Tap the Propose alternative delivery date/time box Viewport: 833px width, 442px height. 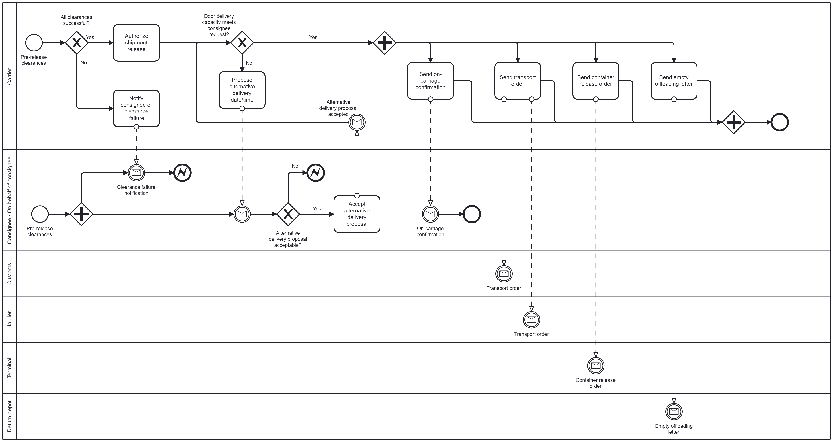(x=242, y=90)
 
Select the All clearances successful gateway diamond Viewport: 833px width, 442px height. (x=77, y=43)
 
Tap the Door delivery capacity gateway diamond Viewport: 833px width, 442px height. (x=242, y=43)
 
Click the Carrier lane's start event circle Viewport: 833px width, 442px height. (x=34, y=43)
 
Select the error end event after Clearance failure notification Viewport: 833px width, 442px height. (x=182, y=173)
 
